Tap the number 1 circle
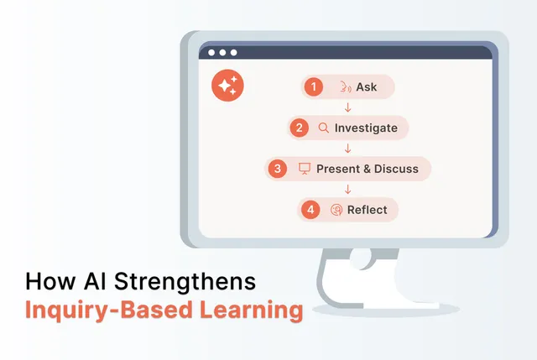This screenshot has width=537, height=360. [313, 86]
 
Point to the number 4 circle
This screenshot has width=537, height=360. [311, 209]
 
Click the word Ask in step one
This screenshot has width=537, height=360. [367, 86]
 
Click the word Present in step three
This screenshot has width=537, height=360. [337, 169]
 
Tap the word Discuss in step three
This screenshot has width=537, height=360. [396, 169]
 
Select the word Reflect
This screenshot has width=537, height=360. [368, 210]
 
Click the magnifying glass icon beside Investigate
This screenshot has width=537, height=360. [323, 128]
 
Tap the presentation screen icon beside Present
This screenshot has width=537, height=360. [305, 169]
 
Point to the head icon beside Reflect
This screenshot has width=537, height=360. [336, 210]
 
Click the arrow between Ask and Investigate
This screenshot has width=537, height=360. [347, 107]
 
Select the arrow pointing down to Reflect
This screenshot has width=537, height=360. [347, 189]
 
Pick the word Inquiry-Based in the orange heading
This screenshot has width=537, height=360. [98, 310]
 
